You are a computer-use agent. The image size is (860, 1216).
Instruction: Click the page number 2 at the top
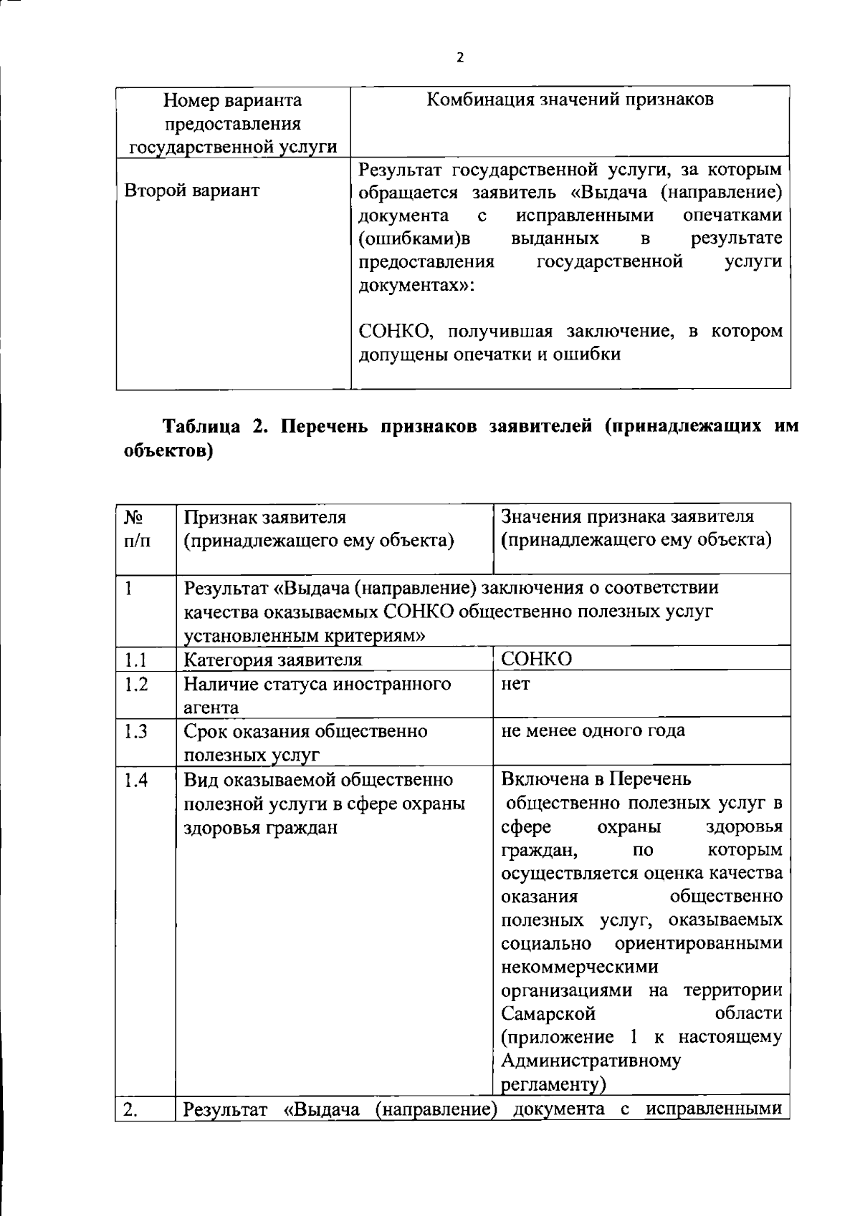tap(459, 58)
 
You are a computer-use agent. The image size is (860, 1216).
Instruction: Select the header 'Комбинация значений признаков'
tap(570, 100)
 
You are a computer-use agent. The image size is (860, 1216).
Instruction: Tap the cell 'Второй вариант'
tap(192, 190)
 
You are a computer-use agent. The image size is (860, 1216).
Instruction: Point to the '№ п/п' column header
tap(138, 529)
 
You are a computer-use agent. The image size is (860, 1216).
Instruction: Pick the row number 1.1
tap(135, 660)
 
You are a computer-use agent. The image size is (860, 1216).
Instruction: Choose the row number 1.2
tap(135, 684)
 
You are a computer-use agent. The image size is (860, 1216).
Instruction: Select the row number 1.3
tap(135, 731)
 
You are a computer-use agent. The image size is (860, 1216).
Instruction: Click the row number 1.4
tap(135, 780)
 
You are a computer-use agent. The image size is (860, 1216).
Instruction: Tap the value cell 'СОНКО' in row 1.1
tap(537, 659)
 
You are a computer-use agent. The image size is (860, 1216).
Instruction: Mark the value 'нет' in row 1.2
tap(515, 684)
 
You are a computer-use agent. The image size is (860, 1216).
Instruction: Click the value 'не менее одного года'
tap(593, 730)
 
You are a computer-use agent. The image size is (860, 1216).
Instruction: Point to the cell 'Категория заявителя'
tap(273, 660)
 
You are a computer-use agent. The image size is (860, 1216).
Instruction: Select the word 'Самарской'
tap(548, 1014)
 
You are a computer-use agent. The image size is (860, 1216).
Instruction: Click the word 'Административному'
tap(591, 1061)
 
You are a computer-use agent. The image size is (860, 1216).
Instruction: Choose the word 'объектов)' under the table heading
tap(165, 452)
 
